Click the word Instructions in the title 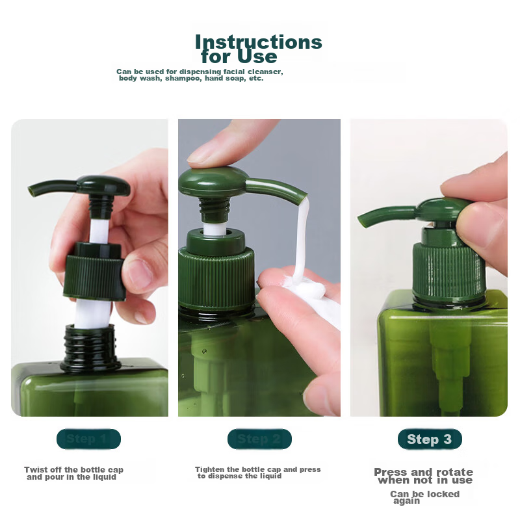point(259,42)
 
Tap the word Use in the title point(253,57)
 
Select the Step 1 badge point(88,439)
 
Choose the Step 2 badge point(259,439)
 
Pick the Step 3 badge point(430,439)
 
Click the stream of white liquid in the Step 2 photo point(300,240)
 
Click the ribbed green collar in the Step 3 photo point(448,266)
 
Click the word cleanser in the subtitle point(263,71)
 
